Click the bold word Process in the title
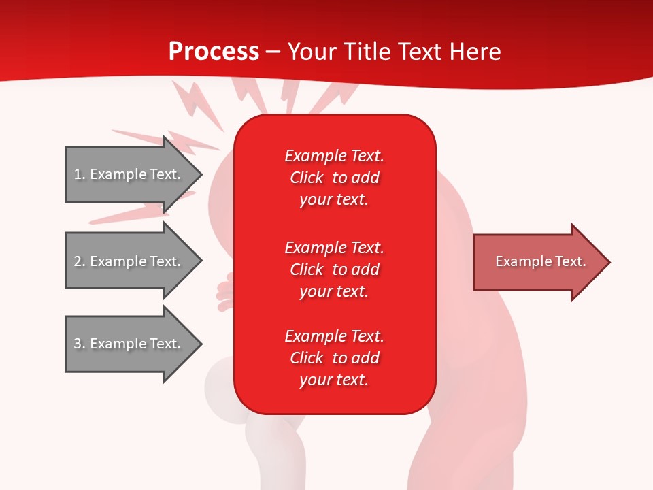click(214, 51)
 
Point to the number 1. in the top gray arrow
click(79, 174)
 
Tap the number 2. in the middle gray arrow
click(79, 261)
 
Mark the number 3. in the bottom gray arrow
click(79, 344)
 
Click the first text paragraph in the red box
click(334, 178)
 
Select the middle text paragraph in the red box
click(334, 269)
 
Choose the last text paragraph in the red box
click(334, 358)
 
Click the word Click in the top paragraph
click(307, 178)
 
